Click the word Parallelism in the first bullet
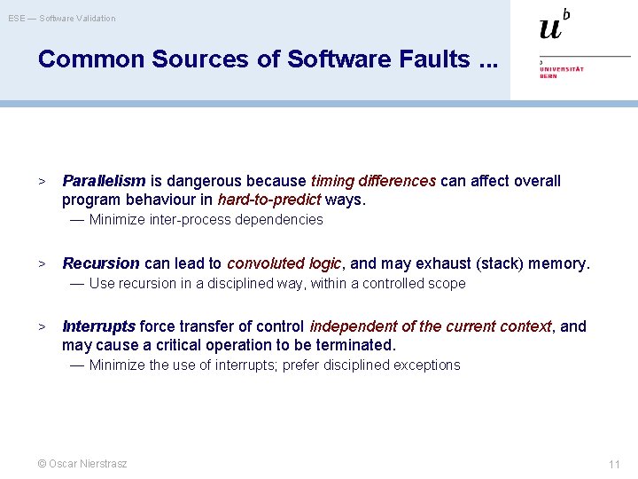point(104,181)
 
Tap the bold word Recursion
point(101,263)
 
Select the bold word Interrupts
point(99,326)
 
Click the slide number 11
point(614,464)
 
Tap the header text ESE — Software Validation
point(62,18)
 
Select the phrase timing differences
point(373,181)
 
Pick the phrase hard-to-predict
point(269,200)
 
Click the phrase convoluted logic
point(284,263)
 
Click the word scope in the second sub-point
point(447,284)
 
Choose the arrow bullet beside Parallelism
point(41,181)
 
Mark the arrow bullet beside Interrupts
point(41,326)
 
